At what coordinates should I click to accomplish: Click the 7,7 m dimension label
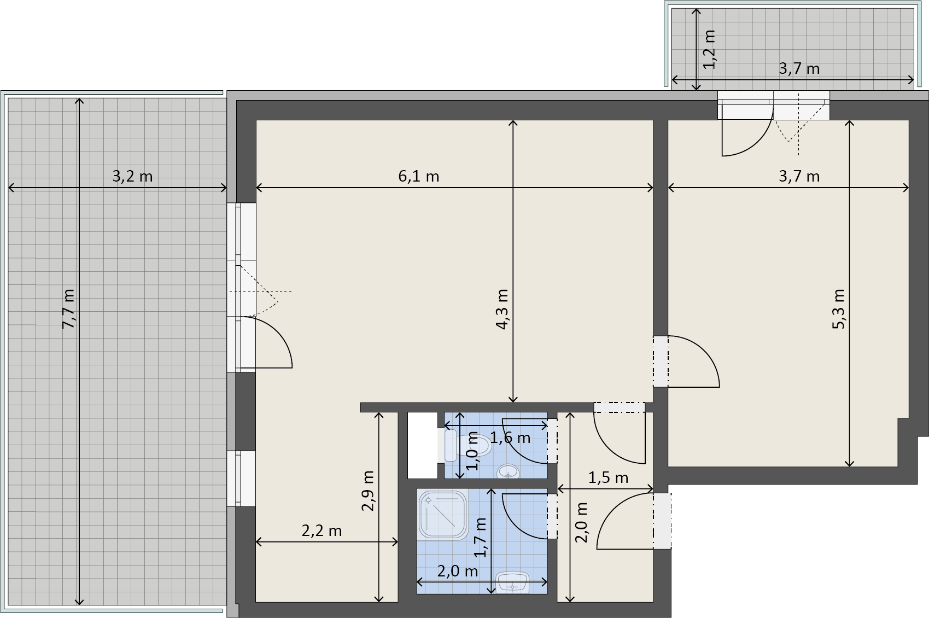(x=68, y=309)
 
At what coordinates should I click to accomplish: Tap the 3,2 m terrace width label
(x=133, y=176)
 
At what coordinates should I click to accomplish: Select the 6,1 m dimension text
(x=418, y=176)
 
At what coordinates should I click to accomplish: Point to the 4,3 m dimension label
(x=503, y=309)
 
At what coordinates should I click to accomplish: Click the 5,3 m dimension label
(x=838, y=309)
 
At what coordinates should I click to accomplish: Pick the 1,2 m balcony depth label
(x=710, y=49)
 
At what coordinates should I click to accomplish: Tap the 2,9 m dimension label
(x=368, y=491)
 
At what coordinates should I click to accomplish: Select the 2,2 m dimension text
(x=322, y=530)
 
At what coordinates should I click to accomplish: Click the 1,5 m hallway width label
(x=609, y=478)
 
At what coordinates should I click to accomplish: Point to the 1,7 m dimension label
(x=481, y=537)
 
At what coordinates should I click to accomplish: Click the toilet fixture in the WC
(x=468, y=446)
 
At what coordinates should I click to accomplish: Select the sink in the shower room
(x=512, y=582)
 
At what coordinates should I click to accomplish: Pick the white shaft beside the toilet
(x=423, y=445)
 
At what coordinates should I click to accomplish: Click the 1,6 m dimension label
(x=510, y=438)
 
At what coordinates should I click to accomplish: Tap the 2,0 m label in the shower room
(x=458, y=571)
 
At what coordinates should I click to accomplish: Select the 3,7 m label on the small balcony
(x=799, y=68)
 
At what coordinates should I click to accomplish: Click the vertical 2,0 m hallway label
(x=581, y=523)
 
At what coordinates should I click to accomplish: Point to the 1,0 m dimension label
(x=472, y=451)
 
